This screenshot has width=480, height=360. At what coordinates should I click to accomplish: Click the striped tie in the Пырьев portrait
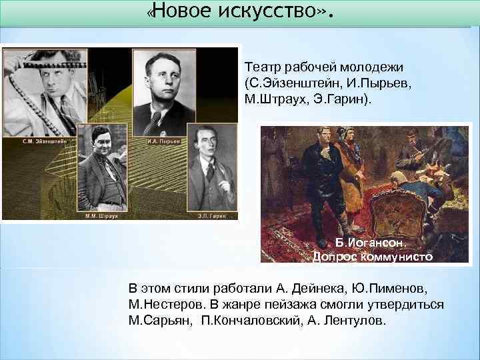[155, 121]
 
